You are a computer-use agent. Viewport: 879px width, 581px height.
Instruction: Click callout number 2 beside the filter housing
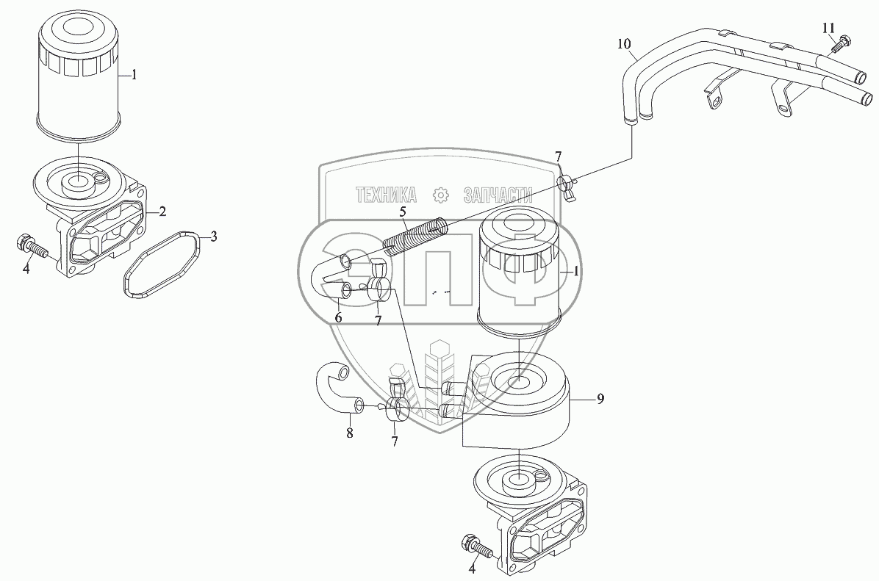pos(162,212)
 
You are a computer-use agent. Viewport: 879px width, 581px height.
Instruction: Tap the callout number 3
pos(213,237)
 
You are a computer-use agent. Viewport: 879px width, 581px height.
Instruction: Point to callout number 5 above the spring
pos(403,213)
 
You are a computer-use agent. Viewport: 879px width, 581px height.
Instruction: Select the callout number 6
pos(338,317)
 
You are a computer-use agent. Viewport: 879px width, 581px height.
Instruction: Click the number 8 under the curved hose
pos(350,433)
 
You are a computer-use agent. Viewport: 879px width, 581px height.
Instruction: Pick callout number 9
pos(600,399)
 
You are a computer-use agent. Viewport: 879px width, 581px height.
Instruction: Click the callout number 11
pos(828,28)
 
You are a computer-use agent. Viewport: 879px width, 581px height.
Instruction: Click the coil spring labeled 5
pos(415,234)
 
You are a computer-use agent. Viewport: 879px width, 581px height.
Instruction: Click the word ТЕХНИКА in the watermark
pos(386,195)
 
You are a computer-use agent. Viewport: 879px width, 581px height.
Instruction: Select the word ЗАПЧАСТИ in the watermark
pos(498,195)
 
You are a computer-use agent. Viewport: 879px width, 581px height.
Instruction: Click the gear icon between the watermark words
pos(440,195)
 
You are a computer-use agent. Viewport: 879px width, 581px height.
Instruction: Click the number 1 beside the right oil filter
pos(577,270)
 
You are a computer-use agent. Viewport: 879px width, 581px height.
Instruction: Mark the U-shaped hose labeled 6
pos(331,279)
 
